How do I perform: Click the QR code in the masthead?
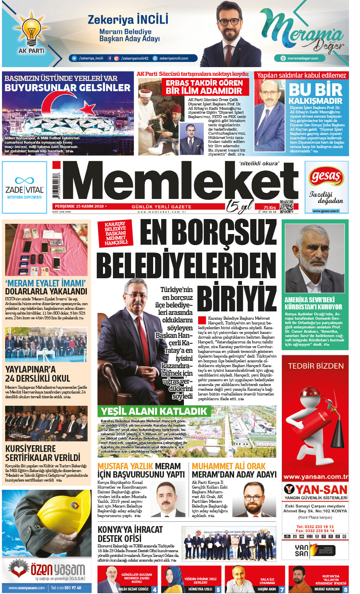pyautogui.click(x=287, y=206)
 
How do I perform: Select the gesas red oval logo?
pyautogui.click(x=326, y=176)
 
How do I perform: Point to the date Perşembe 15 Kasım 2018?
pyautogui.click(x=79, y=206)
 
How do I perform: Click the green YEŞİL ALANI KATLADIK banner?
pyautogui.click(x=154, y=411)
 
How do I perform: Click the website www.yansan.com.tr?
pyautogui.click(x=315, y=477)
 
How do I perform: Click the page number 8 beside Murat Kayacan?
pyautogui.click(x=345, y=590)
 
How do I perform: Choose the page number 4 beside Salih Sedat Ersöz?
pyautogui.click(x=154, y=590)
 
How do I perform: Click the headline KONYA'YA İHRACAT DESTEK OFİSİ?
pyautogui.click(x=130, y=534)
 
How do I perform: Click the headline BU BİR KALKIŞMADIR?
pyautogui.click(x=315, y=94)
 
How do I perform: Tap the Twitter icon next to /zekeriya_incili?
pyautogui.click(x=74, y=58)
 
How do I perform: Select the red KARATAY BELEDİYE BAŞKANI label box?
pyautogui.click(x=115, y=233)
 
